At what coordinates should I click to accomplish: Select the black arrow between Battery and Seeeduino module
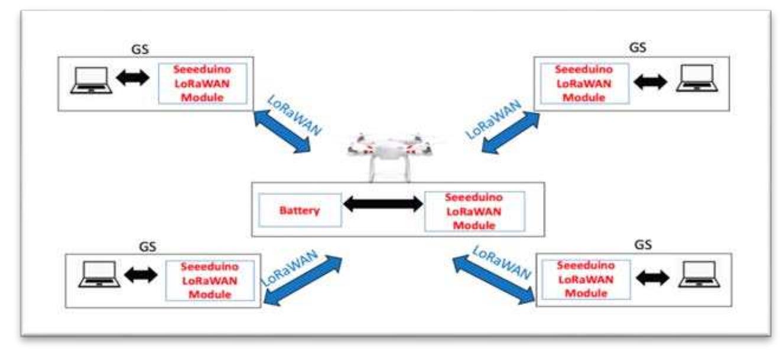coord(383,205)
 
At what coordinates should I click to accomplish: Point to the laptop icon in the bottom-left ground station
coord(99,274)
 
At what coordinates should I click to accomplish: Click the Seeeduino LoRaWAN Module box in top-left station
coord(203,84)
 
